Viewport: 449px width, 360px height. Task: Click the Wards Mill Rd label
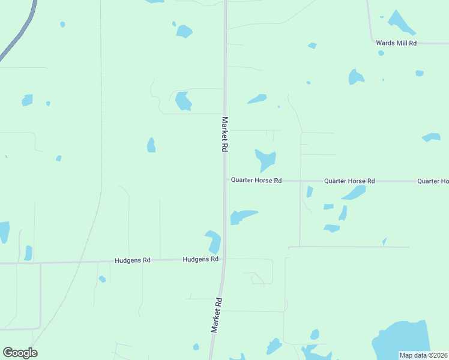coord(396,43)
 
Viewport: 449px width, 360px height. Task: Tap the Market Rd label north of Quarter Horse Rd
coord(225,134)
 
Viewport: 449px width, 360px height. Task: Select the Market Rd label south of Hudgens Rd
coord(217,315)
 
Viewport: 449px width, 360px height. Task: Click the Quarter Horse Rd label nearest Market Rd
coord(256,180)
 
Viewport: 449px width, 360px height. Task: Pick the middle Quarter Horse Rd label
coord(349,181)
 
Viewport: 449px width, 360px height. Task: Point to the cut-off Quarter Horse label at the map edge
coord(433,181)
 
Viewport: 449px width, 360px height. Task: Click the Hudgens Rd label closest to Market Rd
coord(200,259)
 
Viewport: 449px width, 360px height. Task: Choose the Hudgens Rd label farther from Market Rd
coord(133,260)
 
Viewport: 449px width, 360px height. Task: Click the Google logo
coord(20,352)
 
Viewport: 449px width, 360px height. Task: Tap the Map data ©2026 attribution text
coord(424,355)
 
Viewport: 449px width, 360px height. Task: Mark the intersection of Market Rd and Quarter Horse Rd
coord(226,180)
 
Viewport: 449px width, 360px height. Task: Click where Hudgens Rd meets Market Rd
coord(222,259)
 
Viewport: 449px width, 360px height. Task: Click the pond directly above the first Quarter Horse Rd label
coord(265,160)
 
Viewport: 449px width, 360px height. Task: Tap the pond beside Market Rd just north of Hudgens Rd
coord(214,241)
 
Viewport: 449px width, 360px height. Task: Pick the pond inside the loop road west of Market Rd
coord(182,101)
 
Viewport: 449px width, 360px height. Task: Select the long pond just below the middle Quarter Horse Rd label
coord(354,193)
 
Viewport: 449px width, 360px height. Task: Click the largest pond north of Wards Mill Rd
coord(400,22)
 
